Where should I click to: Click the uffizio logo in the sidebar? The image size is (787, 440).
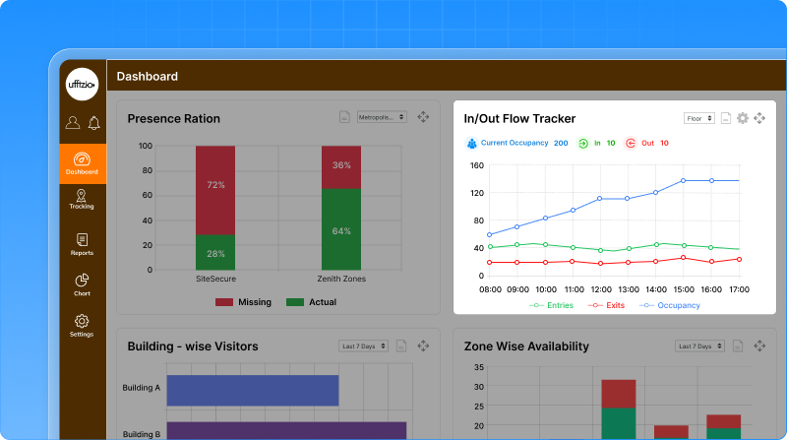click(82, 85)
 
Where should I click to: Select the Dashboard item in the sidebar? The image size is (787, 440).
click(82, 162)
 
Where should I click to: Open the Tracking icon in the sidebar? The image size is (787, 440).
click(82, 199)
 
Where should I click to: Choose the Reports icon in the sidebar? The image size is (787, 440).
click(82, 243)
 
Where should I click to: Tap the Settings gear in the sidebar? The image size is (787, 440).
click(82, 324)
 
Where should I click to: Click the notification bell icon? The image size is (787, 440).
click(93, 123)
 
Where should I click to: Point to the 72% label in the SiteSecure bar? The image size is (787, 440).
click(215, 185)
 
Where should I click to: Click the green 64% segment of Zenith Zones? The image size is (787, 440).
click(341, 229)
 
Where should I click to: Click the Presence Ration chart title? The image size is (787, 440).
click(173, 119)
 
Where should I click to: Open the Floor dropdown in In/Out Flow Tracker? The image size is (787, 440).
click(698, 118)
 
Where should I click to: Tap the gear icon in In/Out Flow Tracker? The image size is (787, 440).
click(743, 118)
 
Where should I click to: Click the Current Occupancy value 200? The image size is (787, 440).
click(561, 143)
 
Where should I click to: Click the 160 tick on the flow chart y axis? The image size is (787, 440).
click(477, 165)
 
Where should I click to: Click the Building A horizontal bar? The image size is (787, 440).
click(253, 390)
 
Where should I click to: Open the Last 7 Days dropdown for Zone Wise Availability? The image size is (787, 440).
click(698, 346)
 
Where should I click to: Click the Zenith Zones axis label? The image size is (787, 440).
click(341, 280)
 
